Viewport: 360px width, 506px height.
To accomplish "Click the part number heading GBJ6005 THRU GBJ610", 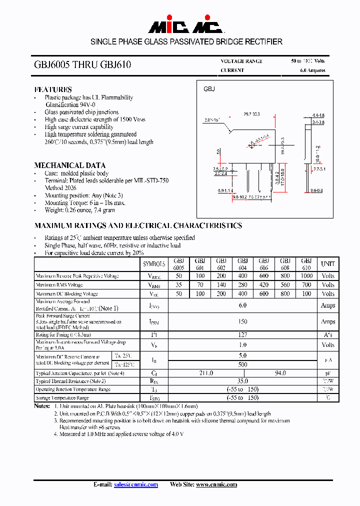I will click(83, 65).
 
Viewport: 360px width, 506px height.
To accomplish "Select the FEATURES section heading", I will click(52, 89).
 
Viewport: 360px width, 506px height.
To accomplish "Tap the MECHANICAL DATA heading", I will click(69, 165).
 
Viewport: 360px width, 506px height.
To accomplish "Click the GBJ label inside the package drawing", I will click(209, 89).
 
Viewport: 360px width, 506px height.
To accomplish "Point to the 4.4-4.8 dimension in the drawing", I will click(318, 115).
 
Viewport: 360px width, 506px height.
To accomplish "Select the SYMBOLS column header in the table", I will click(154, 264).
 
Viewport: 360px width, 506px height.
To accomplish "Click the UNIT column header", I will click(328, 264).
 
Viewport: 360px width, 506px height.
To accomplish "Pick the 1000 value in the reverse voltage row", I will click(306, 276).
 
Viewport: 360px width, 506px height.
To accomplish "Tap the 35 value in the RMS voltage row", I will click(178, 285).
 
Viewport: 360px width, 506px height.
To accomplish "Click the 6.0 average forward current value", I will click(242, 305).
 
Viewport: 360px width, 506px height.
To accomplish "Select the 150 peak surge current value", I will click(242, 321).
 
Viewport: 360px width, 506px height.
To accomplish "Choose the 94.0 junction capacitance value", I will click(280, 373).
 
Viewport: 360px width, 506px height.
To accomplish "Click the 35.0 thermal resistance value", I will click(242, 381).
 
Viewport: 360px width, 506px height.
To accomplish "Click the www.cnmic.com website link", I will click(216, 484).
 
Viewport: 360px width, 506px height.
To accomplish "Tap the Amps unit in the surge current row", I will click(328, 321).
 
